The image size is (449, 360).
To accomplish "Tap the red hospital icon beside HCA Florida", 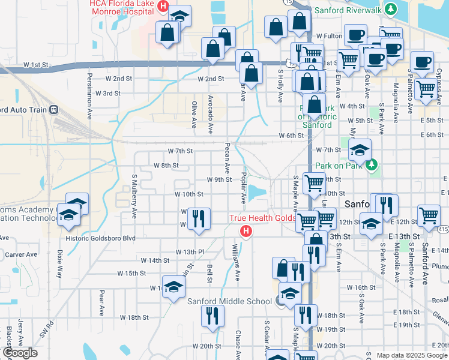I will [x=162, y=7].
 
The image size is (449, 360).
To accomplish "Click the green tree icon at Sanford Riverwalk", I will [x=391, y=9].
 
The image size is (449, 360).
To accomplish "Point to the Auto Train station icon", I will [x=54, y=110].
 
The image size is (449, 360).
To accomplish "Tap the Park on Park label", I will [x=341, y=164].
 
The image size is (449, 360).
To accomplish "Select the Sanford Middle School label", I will [x=231, y=301].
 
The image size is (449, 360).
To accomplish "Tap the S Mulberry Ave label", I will [x=134, y=197].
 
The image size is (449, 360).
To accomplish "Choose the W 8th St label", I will [x=166, y=165].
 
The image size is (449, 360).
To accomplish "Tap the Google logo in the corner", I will [x=19, y=353].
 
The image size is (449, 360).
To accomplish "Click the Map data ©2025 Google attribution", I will [x=412, y=355].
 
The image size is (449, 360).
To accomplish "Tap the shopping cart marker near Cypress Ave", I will [x=426, y=89].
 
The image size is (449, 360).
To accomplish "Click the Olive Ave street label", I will [x=194, y=114].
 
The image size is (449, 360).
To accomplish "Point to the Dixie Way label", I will [x=59, y=263].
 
